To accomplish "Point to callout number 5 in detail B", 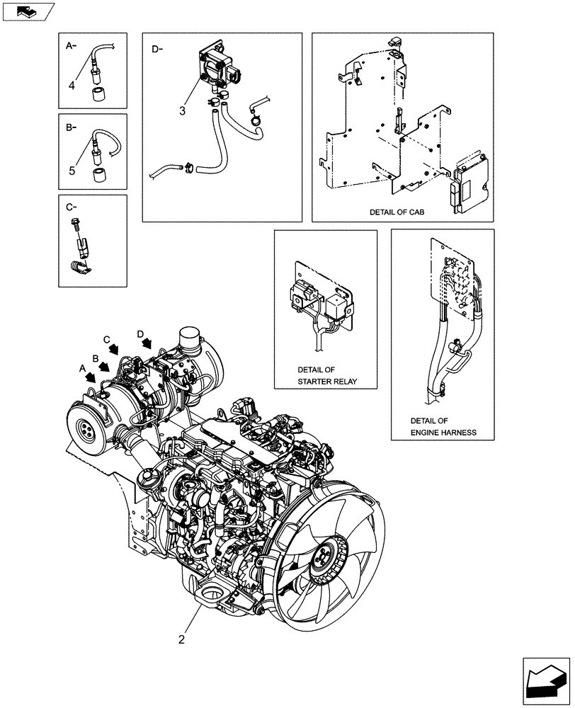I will [x=72, y=170].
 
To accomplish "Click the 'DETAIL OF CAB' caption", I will [x=400, y=212].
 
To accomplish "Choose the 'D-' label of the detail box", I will [x=157, y=49].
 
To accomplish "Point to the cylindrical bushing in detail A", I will [x=98, y=94].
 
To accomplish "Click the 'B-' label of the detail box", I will [x=70, y=129].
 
